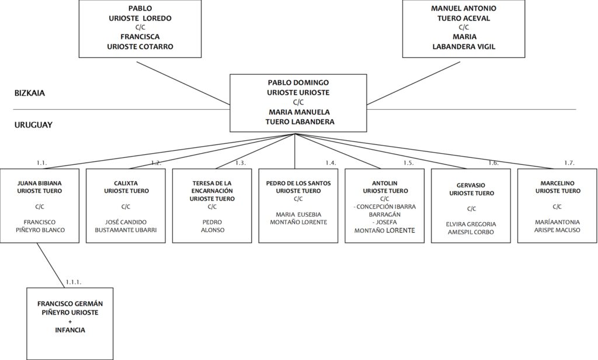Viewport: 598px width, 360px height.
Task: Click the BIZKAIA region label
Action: click(30, 93)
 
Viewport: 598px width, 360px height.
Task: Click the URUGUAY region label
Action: click(33, 125)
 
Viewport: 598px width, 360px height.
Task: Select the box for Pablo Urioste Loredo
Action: click(140, 29)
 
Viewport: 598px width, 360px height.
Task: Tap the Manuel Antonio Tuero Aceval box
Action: click(463, 29)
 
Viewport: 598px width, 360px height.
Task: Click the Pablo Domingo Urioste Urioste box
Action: click(298, 103)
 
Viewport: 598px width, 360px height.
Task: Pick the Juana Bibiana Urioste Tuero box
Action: click(40, 206)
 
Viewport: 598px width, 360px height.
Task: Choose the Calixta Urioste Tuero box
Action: click(126, 206)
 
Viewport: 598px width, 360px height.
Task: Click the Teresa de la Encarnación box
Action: click(212, 206)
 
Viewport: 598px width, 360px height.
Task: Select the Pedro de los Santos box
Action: click(298, 206)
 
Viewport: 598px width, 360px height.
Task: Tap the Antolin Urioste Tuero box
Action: click(384, 206)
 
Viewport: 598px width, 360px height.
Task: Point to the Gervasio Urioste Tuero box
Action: click(471, 206)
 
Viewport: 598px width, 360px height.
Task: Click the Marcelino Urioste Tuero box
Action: click(557, 206)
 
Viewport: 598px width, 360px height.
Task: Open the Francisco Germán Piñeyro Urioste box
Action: click(70, 324)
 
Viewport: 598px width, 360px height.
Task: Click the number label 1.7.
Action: click(569, 163)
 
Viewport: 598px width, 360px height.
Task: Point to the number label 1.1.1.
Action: click(73, 282)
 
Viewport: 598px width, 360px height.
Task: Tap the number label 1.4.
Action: click(331, 163)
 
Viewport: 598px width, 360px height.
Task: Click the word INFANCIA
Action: click(70, 330)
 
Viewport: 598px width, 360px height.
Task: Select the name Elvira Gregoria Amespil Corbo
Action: click(471, 229)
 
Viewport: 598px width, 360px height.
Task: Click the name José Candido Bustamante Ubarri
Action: click(126, 226)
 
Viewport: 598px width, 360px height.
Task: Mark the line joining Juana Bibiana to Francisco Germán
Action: click(51, 265)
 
